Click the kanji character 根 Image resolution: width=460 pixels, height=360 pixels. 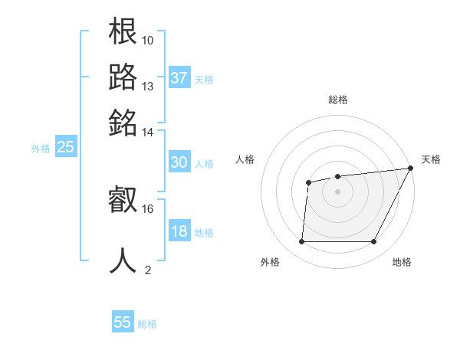123,31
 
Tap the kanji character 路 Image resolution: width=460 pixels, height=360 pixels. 123,77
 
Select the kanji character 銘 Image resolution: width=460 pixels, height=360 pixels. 123,123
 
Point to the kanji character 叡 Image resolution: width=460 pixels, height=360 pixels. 123,201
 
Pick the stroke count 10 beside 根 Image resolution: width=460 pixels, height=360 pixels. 148,40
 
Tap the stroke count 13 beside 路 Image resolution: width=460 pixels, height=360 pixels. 148,86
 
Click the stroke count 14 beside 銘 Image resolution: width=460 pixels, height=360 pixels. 148,132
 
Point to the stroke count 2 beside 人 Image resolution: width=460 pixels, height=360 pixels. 148,270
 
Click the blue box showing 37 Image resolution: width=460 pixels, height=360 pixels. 179,78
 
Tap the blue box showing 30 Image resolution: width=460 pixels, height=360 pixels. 179,162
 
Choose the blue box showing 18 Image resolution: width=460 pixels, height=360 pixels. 179,231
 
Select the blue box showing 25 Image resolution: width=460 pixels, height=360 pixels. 65,147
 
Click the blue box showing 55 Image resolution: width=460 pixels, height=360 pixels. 123,322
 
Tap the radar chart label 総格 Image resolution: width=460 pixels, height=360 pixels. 337,100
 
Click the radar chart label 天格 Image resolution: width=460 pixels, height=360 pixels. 431,159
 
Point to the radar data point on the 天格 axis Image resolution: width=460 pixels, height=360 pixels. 411,169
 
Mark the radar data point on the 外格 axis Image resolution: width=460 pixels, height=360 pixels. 301,242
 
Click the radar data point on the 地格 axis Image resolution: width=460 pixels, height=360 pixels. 373,242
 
